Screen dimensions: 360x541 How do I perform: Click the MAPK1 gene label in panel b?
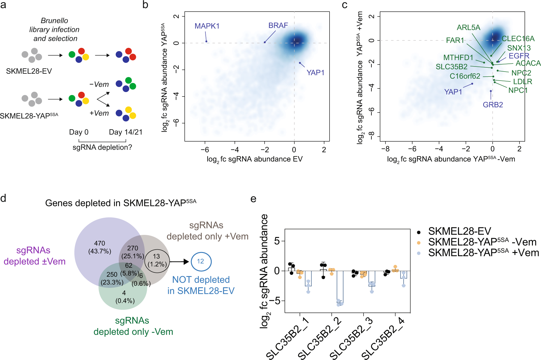coord(207,26)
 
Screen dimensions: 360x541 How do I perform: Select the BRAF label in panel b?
coord(278,26)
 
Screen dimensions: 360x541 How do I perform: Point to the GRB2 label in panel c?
coord(493,105)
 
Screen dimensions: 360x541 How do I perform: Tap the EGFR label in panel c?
coord(519,56)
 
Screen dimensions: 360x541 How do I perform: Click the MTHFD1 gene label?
coord(458,57)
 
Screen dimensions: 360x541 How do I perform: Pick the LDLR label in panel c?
coord(522,82)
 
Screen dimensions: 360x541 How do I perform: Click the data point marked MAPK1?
coord(206,41)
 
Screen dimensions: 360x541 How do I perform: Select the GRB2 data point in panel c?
coord(491,91)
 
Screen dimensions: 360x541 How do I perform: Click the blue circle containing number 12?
coord(201,261)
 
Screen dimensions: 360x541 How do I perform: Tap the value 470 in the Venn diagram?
coord(100,243)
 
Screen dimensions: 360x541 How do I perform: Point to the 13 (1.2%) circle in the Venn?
coord(157,260)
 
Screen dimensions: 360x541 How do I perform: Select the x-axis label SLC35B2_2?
coord(320,338)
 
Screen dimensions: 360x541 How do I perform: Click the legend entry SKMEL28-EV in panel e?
coord(460,231)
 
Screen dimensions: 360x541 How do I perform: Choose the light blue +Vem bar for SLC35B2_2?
coord(340,287)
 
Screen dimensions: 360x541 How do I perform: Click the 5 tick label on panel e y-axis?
coord(277,241)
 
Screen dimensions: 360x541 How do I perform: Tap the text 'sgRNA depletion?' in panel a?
coord(102,147)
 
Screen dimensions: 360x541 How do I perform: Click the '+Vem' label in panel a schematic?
coord(99,113)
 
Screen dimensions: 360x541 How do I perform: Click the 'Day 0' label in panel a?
coord(78,132)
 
